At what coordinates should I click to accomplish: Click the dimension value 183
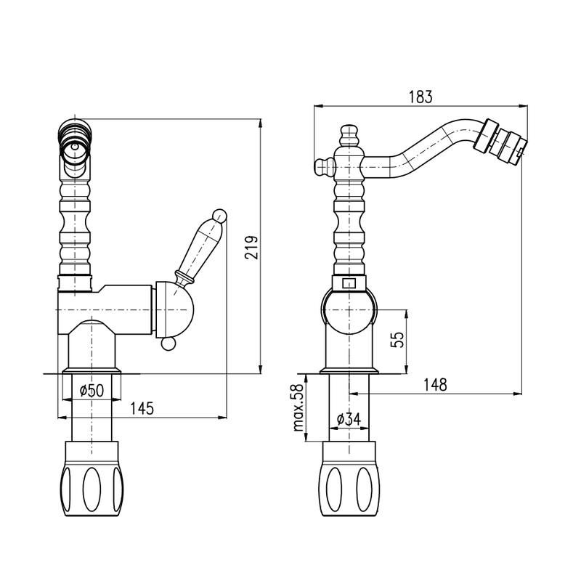point(420,97)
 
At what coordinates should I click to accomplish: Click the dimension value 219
point(251,247)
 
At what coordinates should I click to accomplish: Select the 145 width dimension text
point(142,409)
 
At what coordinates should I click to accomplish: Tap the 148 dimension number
point(435,385)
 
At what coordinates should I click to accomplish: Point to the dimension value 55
point(397,339)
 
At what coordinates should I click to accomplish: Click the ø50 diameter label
point(92,390)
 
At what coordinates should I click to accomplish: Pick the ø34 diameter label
point(349,419)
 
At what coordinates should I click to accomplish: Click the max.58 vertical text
point(298,407)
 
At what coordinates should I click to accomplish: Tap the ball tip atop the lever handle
point(219,216)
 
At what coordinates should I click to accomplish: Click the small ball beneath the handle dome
point(168,344)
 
